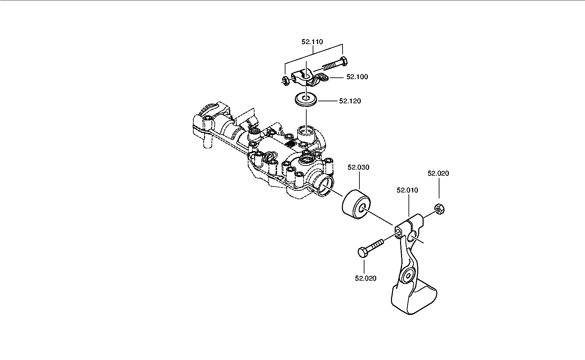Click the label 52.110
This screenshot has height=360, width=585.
(x=312, y=42)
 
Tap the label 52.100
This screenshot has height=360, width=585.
(x=357, y=77)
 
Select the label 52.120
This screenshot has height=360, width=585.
(x=350, y=101)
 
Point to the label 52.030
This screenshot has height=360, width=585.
(x=358, y=167)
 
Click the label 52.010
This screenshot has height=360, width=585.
(x=407, y=190)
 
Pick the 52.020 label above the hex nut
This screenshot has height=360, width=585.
(x=438, y=173)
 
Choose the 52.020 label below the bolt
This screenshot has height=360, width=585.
(x=365, y=278)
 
